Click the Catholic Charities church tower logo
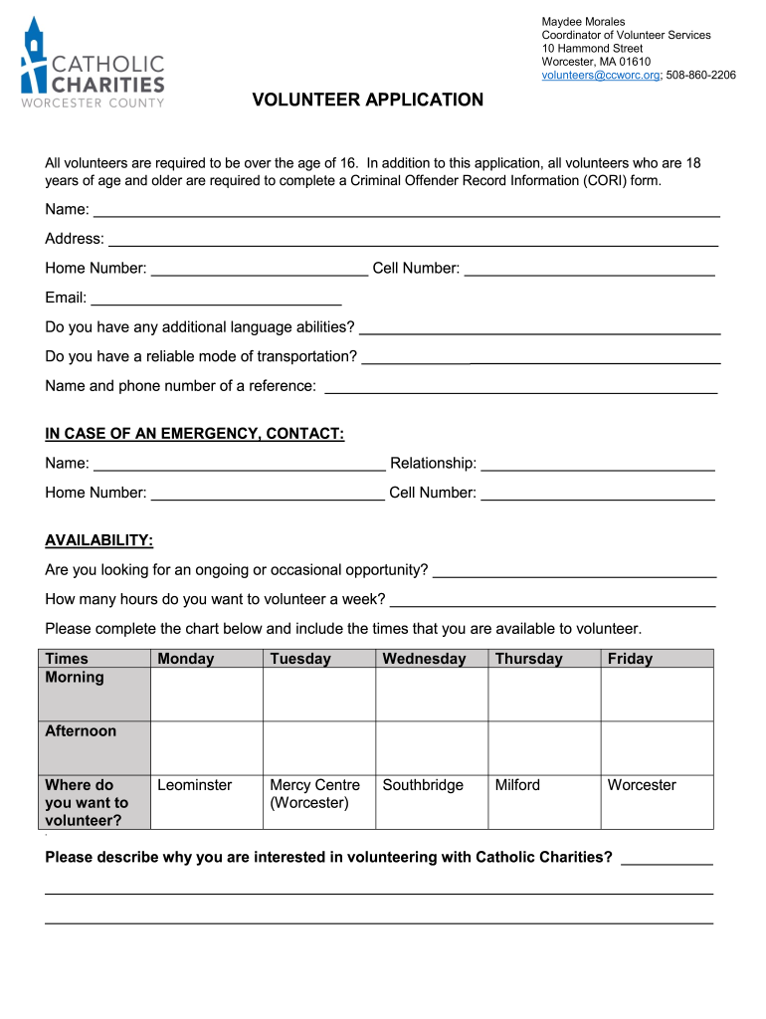coord(35,55)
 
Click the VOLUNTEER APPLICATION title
coord(367,101)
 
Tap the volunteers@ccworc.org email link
coord(600,75)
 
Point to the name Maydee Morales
coord(583,22)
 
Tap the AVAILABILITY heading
coord(98,539)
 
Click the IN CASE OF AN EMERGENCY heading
coord(195,433)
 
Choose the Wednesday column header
coord(424,659)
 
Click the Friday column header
coord(630,659)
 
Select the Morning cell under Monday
coord(206,694)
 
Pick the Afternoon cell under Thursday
coord(544,747)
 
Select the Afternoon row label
coord(81,731)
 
